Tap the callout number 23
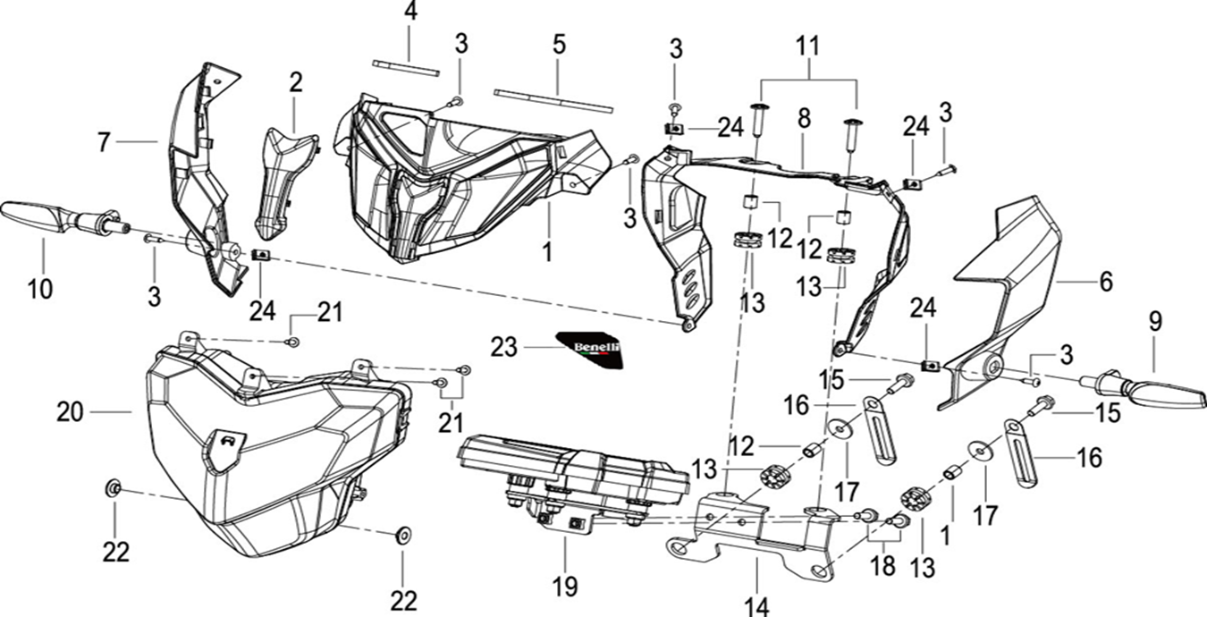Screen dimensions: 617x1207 tap(504, 348)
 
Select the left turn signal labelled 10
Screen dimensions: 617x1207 tap(54, 216)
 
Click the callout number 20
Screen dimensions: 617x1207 tap(70, 412)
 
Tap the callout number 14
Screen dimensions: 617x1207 tap(755, 604)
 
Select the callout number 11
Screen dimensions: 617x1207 tap(808, 46)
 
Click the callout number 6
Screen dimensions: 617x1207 tap(1105, 281)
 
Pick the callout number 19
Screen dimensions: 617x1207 tap(565, 587)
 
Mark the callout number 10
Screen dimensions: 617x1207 tap(39, 289)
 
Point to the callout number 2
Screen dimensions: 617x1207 tap(295, 83)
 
